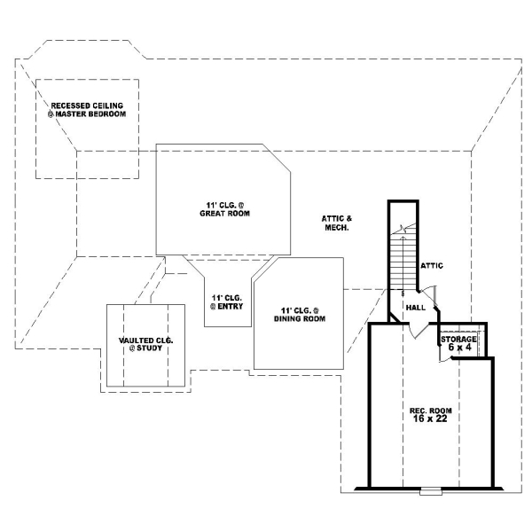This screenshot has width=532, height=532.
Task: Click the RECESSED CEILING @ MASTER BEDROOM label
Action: click(x=86, y=110)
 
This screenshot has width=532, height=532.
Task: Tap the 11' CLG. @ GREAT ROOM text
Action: click(x=223, y=209)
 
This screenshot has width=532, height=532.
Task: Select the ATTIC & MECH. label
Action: click(x=336, y=223)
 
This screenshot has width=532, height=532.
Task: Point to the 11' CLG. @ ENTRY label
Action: click(x=227, y=301)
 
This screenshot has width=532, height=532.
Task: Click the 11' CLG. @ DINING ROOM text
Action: click(x=298, y=314)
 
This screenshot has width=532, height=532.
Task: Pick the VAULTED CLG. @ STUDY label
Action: click(x=145, y=345)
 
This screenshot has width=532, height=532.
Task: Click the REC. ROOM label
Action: click(x=429, y=411)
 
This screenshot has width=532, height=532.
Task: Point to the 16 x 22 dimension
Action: click(x=429, y=420)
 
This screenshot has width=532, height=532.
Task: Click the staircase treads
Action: click(x=403, y=262)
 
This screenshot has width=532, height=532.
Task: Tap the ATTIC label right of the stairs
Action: click(x=432, y=265)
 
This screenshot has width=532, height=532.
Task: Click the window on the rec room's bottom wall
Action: click(x=430, y=489)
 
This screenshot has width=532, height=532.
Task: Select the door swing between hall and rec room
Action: click(x=416, y=330)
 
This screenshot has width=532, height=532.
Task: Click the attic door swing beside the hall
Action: click(x=429, y=294)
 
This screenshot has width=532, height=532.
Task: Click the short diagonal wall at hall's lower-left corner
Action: click(x=393, y=317)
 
